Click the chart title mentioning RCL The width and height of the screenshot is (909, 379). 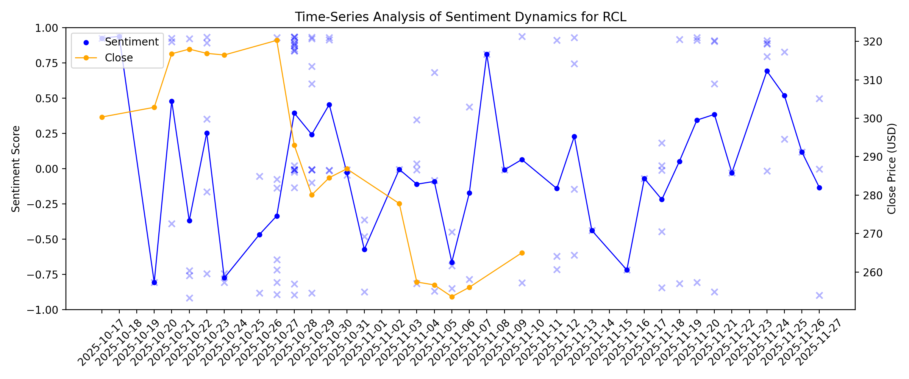point(461,17)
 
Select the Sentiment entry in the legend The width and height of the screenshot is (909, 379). point(131,42)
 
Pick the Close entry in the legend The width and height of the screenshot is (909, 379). point(119,58)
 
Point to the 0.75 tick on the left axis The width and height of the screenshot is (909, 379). point(47,63)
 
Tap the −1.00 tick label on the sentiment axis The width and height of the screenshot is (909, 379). point(42,310)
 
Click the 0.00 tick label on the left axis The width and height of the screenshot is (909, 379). point(47,169)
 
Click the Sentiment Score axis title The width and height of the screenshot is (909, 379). point(16,169)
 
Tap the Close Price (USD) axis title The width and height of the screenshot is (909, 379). point(892,169)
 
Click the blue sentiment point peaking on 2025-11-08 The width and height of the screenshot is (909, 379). point(487,55)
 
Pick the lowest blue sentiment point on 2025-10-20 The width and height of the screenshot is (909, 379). point(154,283)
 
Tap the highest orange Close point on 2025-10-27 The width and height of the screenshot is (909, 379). point(277,41)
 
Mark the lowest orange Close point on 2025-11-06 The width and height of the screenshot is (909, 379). point(452,297)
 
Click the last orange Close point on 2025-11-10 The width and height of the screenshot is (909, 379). point(522,253)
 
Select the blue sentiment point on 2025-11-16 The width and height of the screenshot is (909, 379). point(627,270)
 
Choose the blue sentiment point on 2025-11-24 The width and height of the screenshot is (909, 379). point(767,71)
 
